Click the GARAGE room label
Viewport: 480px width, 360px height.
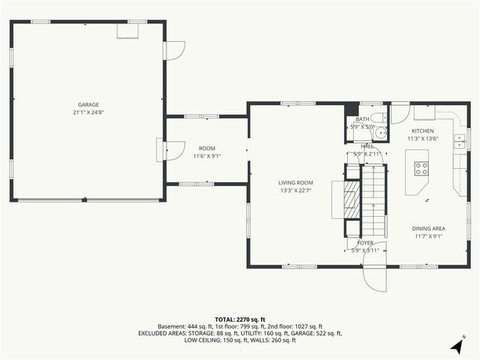88,105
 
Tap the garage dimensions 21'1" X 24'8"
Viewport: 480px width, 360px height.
88,112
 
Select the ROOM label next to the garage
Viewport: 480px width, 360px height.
206,148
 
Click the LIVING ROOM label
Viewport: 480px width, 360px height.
295,182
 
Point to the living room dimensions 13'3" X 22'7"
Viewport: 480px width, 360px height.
295,190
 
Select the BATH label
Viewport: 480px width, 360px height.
362,119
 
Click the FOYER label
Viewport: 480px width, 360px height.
365,243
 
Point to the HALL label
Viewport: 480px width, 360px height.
367,146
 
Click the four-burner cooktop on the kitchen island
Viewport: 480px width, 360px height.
421,168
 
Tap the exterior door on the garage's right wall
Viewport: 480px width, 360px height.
173,49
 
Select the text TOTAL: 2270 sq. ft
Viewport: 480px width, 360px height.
240,319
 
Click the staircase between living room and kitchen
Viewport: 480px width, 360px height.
373,199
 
